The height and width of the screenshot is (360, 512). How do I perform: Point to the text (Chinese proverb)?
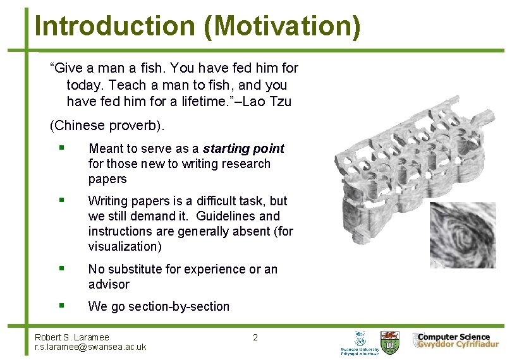[x=107, y=125]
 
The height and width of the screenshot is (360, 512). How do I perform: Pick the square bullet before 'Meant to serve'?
[x=60, y=148]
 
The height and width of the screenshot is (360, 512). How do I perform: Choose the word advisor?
[x=109, y=284]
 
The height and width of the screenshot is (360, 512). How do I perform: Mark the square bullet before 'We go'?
[x=60, y=305]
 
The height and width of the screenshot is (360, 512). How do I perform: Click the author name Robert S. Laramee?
[x=72, y=337]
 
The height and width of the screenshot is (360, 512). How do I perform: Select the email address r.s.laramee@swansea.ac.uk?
[x=90, y=347]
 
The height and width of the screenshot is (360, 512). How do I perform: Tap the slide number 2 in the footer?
[x=255, y=337]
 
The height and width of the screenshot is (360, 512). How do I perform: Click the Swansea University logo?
[x=360, y=342]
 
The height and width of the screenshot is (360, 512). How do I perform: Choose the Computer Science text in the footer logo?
[x=454, y=337]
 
